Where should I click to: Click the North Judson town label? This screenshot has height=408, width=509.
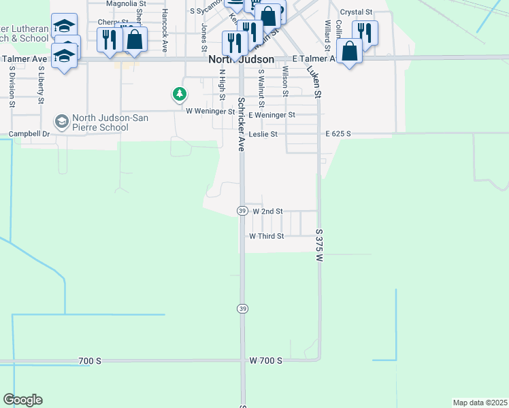click(240, 60)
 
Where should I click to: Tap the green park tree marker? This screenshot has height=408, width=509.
click(179, 94)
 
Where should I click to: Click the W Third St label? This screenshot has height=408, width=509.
click(266, 236)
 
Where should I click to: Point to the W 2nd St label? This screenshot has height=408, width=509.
click(267, 211)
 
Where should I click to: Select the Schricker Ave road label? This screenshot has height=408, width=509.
click(241, 124)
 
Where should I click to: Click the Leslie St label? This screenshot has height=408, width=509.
click(263, 134)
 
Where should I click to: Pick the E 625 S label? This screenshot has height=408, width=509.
click(338, 134)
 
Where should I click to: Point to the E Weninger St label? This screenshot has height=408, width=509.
click(272, 115)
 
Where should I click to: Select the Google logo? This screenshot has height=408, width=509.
click(23, 400)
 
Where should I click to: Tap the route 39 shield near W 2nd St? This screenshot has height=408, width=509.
click(242, 211)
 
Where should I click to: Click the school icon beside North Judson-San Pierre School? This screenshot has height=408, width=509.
click(61, 121)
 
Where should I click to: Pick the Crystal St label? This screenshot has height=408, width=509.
click(356, 12)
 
